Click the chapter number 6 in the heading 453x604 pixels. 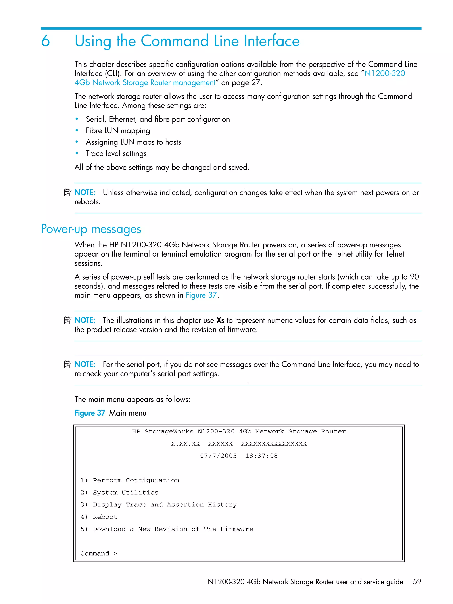[x=46, y=41]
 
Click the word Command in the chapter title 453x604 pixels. [x=175, y=41]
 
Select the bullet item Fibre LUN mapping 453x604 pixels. [x=118, y=131]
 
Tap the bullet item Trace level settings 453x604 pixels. [x=116, y=154]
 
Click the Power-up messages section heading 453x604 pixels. [x=91, y=229]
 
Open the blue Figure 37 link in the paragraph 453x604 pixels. [x=201, y=295]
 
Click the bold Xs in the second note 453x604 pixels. [x=220, y=320]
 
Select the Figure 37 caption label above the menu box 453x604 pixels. [x=90, y=413]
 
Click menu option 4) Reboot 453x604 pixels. [x=99, y=517]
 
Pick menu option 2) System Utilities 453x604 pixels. [x=119, y=492]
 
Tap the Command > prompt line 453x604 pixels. [x=99, y=554]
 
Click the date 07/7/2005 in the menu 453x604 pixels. [x=218, y=456]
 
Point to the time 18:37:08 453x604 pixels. [x=261, y=456]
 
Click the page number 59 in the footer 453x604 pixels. [x=417, y=582]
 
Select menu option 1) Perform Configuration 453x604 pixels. [x=130, y=480]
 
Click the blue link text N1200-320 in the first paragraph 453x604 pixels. [x=384, y=73]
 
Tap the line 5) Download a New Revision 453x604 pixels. [x=167, y=529]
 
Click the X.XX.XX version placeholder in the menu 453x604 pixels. [x=185, y=444]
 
